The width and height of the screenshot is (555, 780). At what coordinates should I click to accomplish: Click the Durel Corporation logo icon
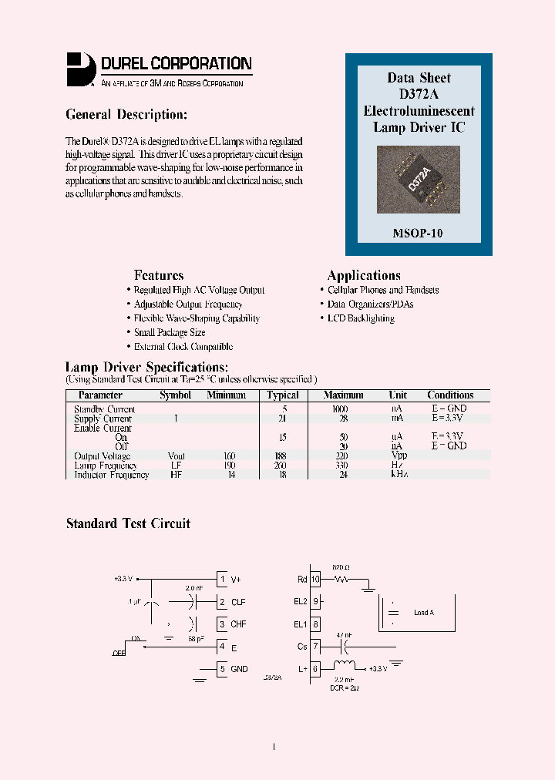click(80, 68)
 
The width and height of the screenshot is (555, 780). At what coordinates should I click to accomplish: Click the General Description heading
click(126, 115)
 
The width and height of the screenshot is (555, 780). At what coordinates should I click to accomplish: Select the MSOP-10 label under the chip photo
click(418, 233)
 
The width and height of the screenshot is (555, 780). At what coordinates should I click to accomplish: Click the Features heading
click(159, 275)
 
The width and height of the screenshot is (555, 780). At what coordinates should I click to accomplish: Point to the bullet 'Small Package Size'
click(169, 332)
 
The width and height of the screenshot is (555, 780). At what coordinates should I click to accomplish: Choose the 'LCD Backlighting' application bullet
click(360, 318)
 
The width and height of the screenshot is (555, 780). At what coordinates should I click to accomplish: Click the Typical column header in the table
click(282, 395)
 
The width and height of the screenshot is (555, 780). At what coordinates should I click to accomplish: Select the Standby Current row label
click(104, 409)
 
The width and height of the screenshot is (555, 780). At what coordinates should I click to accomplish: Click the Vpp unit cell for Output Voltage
click(399, 456)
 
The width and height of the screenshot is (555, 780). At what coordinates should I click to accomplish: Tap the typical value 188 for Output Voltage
click(282, 456)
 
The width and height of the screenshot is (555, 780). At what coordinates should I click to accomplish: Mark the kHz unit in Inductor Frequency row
click(399, 475)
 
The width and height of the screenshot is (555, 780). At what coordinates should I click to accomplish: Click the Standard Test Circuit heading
click(128, 523)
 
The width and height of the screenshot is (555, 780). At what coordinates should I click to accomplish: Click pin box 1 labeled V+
click(222, 580)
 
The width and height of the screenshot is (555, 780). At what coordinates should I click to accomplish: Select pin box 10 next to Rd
click(315, 580)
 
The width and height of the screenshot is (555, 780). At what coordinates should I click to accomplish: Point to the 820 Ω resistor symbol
click(341, 579)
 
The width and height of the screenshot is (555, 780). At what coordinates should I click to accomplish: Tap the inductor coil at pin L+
click(346, 668)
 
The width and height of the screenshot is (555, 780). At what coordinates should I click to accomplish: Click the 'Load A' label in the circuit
click(423, 613)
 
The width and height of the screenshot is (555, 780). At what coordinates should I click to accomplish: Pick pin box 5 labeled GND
click(222, 668)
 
